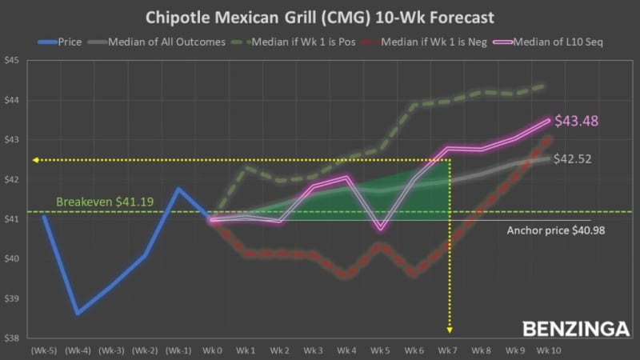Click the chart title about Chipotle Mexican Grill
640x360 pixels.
320,17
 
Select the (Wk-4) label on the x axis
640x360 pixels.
78,350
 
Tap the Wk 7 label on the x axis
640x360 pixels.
449,350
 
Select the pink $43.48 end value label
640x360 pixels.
577,122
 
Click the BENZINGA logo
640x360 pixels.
576,329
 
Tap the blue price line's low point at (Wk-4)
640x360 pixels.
78,314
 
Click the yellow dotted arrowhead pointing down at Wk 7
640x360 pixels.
449,328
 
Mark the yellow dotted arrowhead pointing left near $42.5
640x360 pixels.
35,160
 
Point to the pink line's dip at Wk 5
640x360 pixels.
381,230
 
